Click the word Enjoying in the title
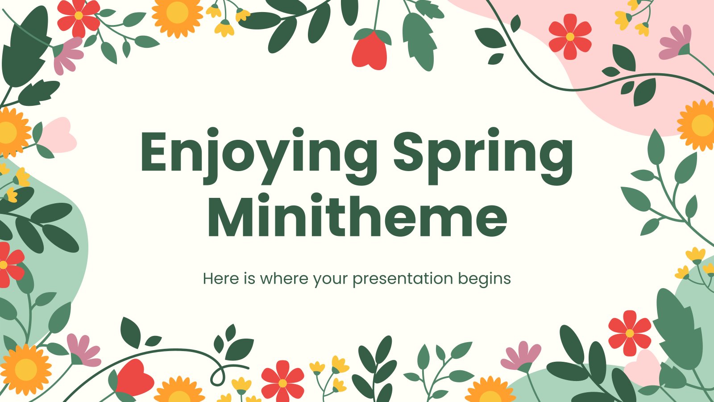tap(258, 156)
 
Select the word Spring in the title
tap(483, 156)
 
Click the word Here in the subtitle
tap(221, 279)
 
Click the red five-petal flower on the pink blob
tap(570, 37)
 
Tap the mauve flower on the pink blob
tap(675, 42)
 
